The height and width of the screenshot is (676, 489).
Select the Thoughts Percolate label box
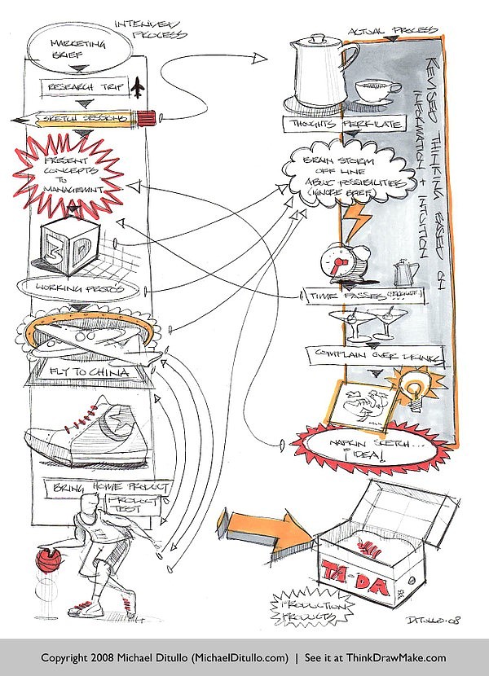pyautogui.click(x=329, y=123)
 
